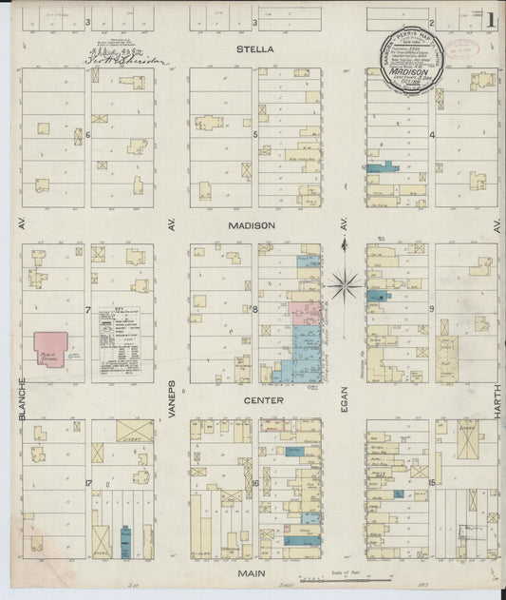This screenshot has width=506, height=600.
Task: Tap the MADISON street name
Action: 252,225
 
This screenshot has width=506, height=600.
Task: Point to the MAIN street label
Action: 252,573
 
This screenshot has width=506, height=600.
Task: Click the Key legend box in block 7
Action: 122,342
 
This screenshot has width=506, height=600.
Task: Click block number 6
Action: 87,135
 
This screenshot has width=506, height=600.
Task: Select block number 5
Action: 255,135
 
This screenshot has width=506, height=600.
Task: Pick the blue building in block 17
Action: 125,543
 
